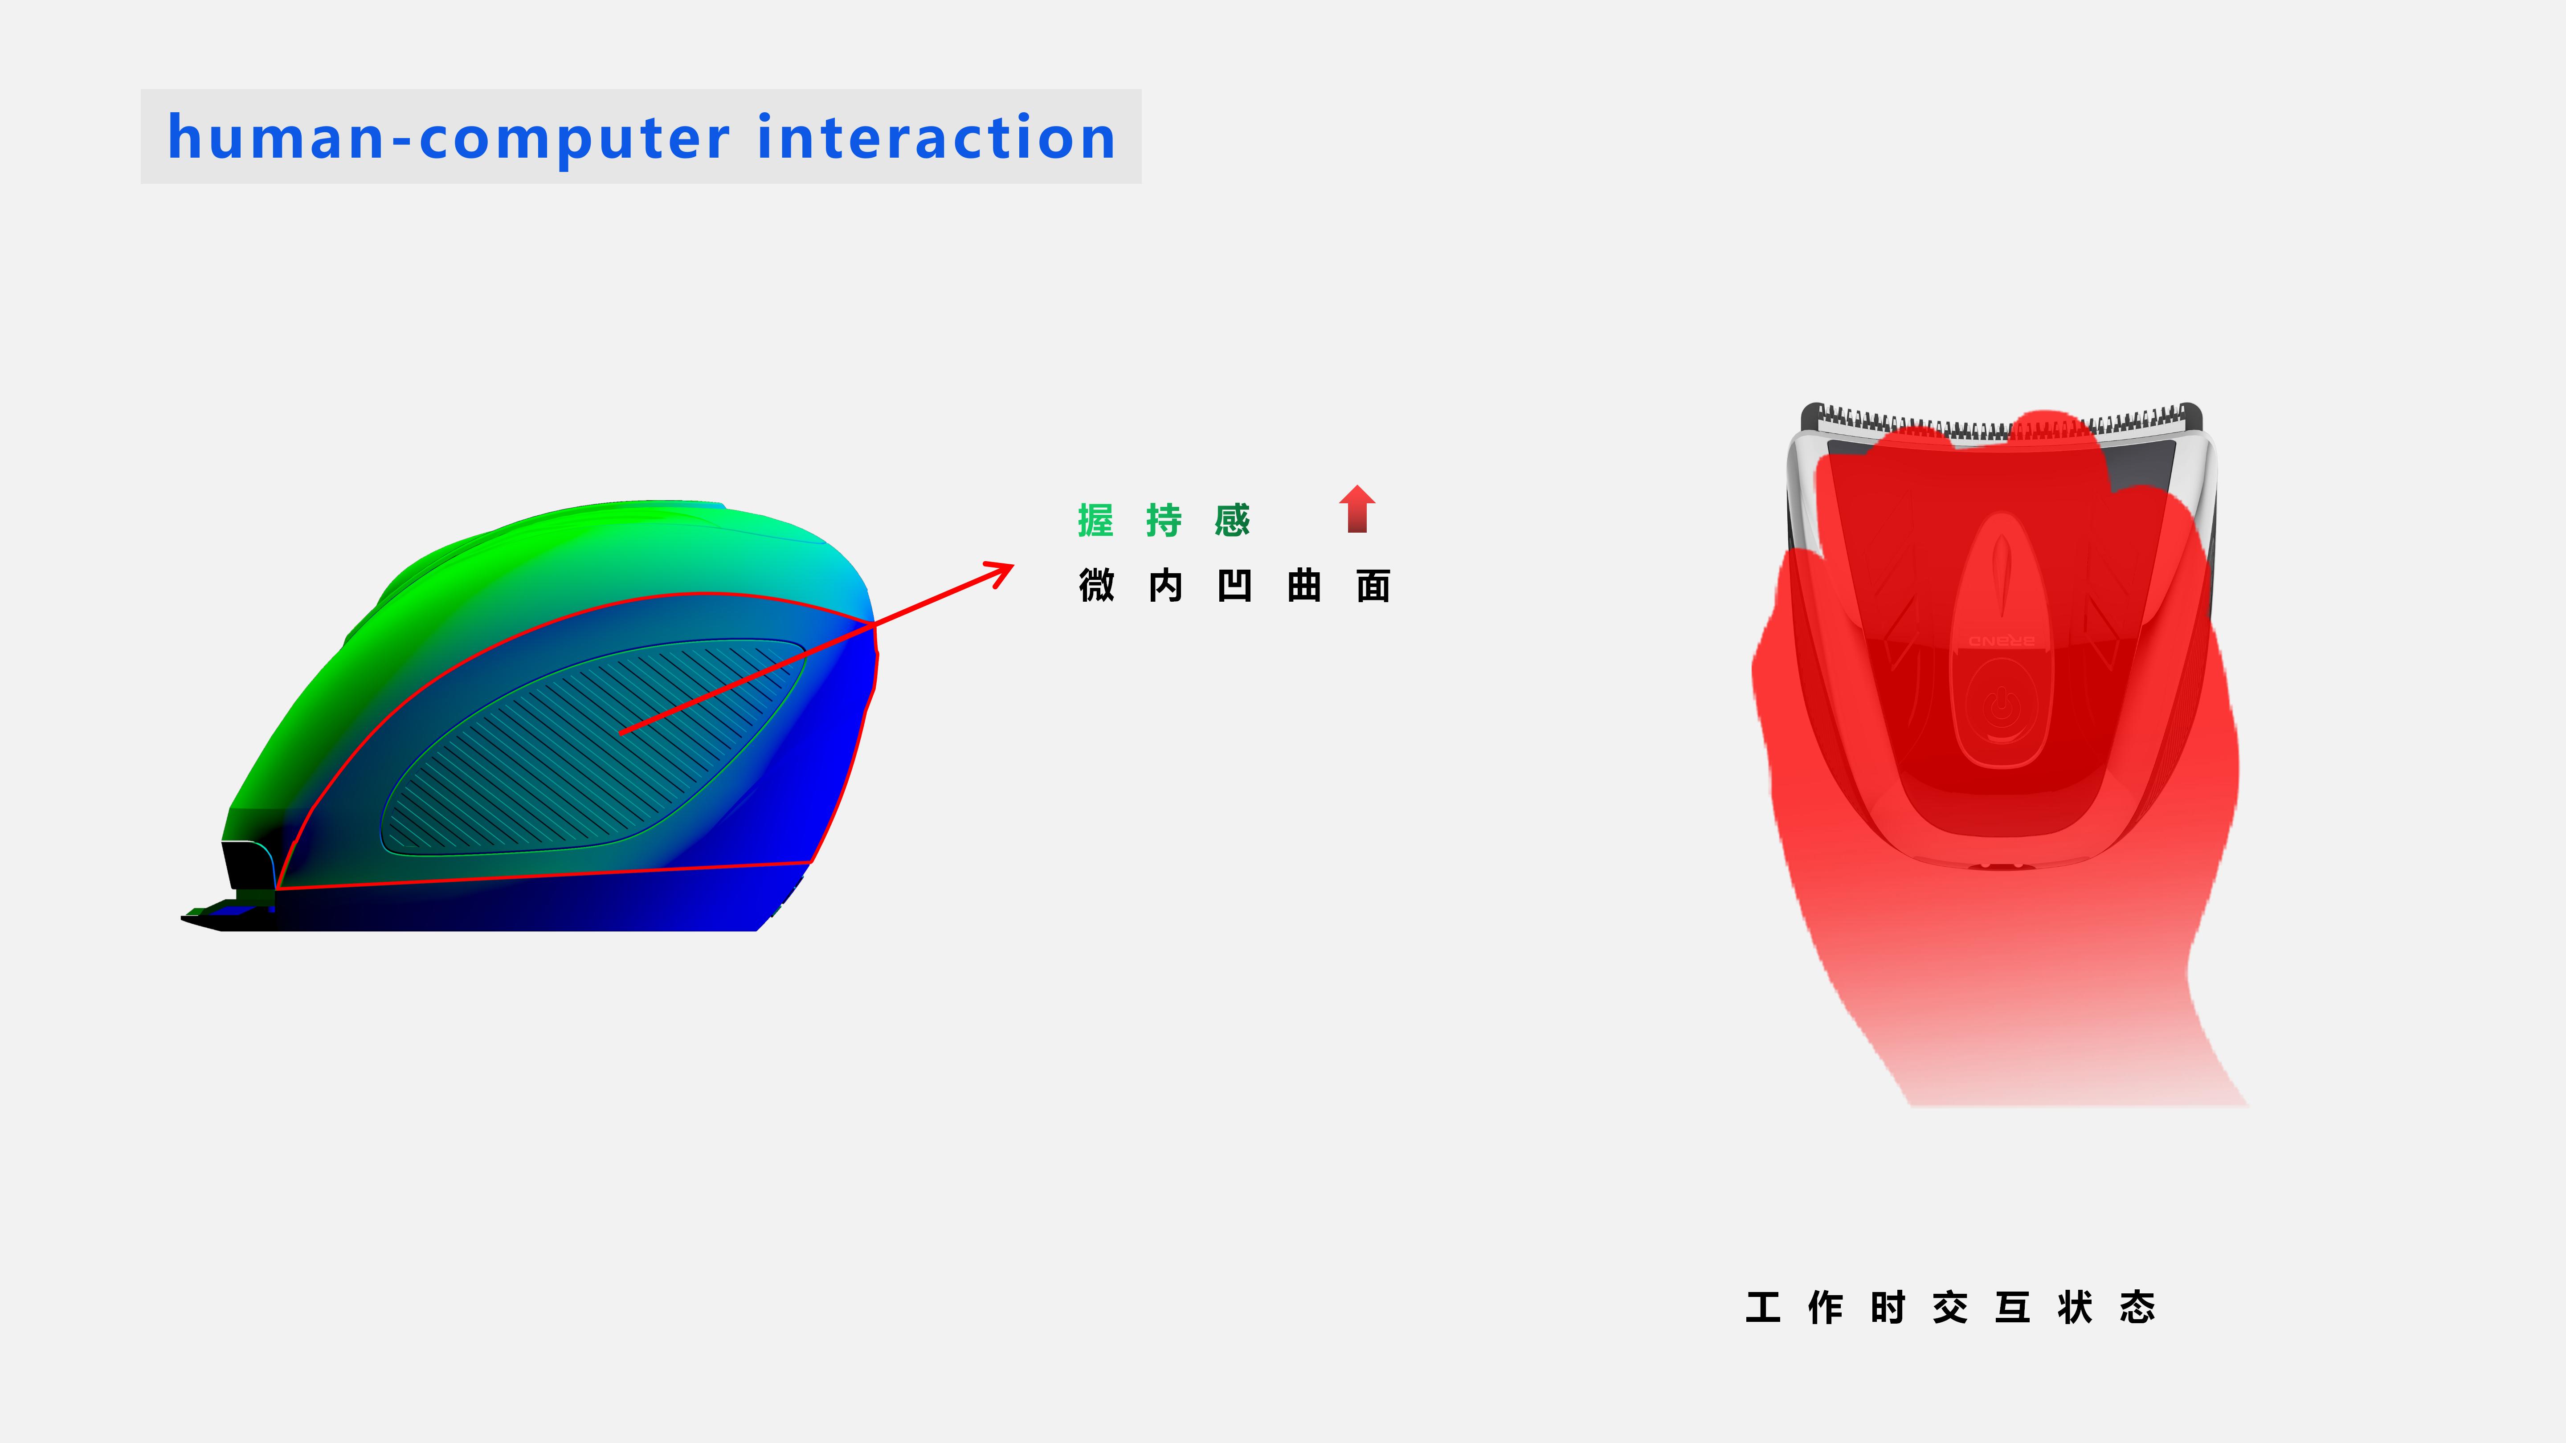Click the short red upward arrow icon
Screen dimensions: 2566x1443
coord(1357,509)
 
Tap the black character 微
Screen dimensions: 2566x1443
coord(1096,586)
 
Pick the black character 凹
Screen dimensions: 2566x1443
coord(1234,586)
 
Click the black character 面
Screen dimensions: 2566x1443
coord(1373,586)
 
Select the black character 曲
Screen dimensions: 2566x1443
coord(1304,586)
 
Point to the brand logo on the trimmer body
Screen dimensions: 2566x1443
coord(2001,640)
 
